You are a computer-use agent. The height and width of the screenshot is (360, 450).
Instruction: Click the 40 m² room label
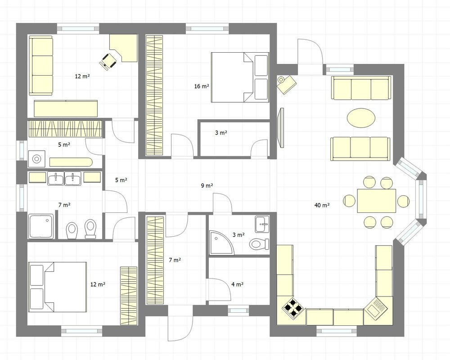322,205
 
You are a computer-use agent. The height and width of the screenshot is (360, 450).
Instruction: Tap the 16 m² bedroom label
202,86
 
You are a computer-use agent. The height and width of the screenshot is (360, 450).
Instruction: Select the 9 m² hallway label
207,185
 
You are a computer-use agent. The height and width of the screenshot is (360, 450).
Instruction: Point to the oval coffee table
361,117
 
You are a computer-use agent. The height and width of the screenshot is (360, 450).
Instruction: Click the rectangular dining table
377,201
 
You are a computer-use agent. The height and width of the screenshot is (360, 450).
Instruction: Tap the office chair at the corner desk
108,61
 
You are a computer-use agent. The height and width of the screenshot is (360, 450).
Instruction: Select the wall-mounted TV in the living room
281,128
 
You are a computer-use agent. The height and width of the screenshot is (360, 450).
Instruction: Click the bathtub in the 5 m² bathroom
71,162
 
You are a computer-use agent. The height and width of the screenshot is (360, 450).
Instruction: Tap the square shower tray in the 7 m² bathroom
41,226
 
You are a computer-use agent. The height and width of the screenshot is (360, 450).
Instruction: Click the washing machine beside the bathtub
36,158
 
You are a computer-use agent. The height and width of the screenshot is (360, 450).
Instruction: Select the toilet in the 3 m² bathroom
259,244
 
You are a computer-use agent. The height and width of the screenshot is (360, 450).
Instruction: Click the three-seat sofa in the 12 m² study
41,65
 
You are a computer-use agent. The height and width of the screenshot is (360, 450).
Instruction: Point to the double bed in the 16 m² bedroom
240,77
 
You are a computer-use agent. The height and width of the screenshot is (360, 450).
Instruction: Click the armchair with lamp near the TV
286,83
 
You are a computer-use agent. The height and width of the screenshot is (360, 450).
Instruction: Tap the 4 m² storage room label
237,284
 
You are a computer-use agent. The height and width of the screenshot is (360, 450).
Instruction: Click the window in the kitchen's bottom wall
336,331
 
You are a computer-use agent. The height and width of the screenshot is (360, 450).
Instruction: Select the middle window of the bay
421,200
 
